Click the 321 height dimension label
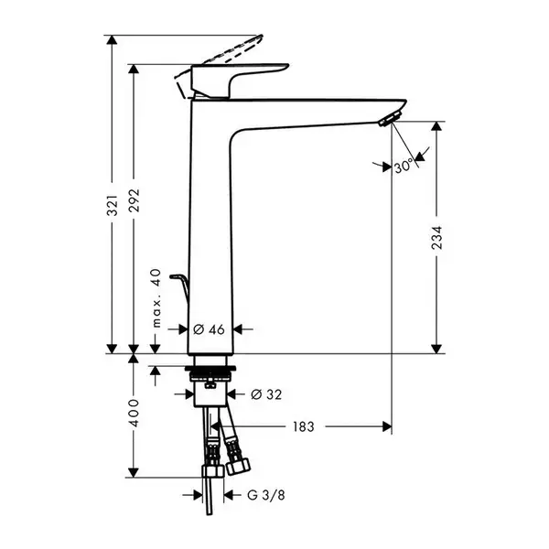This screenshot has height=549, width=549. tap(112, 206)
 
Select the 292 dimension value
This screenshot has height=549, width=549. tap(134, 200)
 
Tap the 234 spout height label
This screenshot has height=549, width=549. tap(436, 238)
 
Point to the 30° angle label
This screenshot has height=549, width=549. tap(404, 167)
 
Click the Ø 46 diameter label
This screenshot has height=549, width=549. tap(209, 329)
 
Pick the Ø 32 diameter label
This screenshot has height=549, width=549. tap(266, 394)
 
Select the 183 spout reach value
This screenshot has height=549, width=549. tap(304, 426)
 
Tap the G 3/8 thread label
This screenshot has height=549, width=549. tap(265, 495)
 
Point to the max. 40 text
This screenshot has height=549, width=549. tap(156, 298)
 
